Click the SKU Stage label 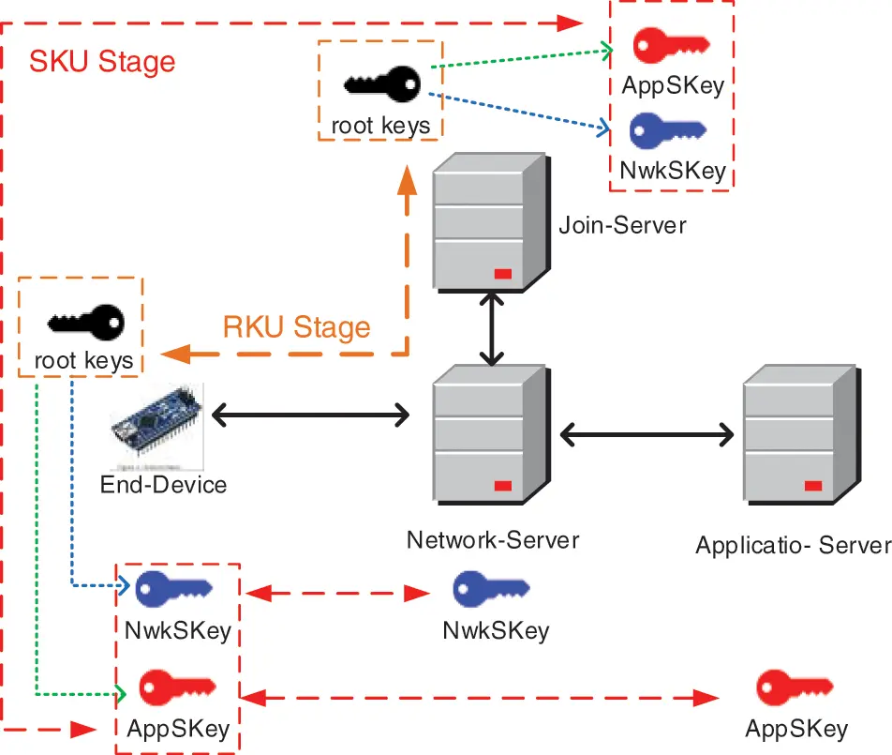click(x=102, y=62)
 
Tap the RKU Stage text click(x=296, y=327)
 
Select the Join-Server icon click(x=489, y=222)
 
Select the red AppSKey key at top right click(x=670, y=45)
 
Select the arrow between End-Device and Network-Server click(x=312, y=414)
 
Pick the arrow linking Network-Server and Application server click(x=647, y=434)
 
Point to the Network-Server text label click(x=492, y=540)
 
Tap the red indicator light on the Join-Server click(x=502, y=273)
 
